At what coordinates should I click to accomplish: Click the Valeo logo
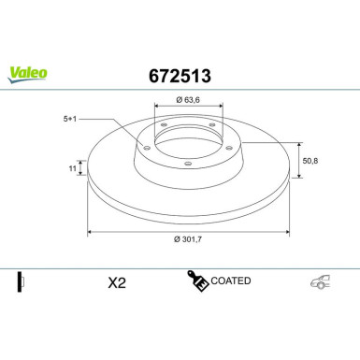pos(28,75)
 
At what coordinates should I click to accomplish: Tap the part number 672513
pos(180,76)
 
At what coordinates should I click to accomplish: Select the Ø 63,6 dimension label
pos(188,100)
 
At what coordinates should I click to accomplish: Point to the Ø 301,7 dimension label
pos(188,239)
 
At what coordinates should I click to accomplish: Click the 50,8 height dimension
pos(310,161)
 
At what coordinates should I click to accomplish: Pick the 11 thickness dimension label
pos(72,168)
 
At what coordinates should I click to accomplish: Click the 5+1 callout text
pos(70,119)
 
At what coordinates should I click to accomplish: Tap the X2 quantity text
pos(117,283)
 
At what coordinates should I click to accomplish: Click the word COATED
pos(231,281)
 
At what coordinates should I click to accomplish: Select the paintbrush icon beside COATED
pos(197,281)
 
